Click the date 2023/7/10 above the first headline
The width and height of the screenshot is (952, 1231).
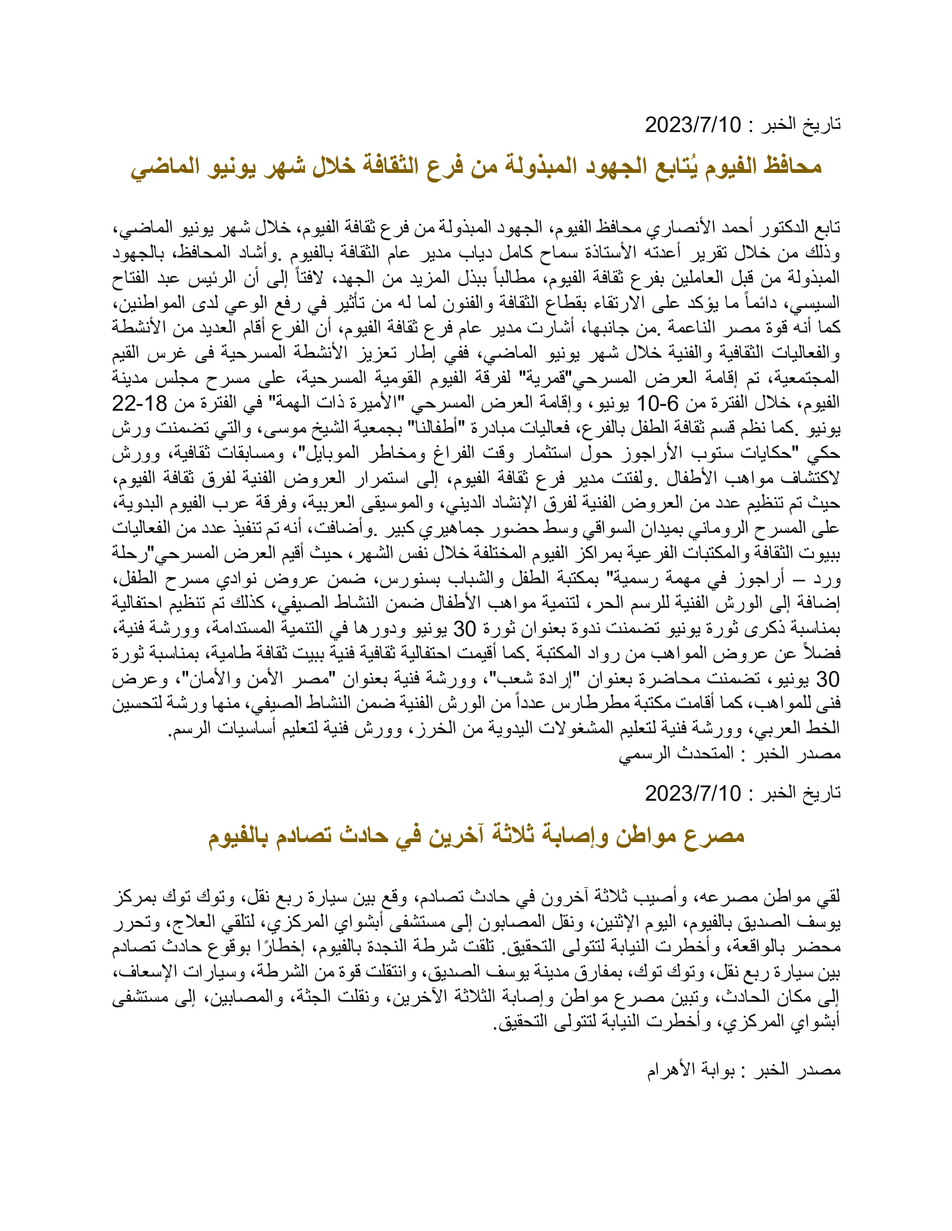693,125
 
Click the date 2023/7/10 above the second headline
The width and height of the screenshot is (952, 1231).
693,793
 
